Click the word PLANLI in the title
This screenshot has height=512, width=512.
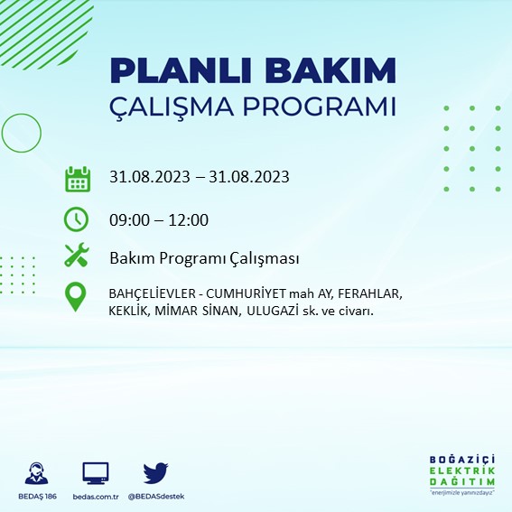(181, 70)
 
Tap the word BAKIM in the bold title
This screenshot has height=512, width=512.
(330, 70)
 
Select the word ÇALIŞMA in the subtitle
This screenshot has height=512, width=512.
(172, 107)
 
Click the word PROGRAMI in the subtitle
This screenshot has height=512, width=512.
(320, 107)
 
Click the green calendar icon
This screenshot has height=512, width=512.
(78, 179)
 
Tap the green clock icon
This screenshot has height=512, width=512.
(77, 219)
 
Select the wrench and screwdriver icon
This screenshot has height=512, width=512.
(77, 255)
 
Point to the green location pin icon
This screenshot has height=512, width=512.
(76, 296)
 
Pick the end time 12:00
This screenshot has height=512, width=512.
(189, 220)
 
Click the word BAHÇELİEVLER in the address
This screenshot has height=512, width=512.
(153, 294)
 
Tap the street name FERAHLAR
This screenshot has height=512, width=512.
(370, 293)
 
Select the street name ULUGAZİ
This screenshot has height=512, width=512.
(273, 311)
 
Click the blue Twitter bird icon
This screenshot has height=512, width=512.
(155, 473)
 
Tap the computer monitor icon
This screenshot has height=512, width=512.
(96, 473)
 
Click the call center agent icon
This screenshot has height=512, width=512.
(36, 473)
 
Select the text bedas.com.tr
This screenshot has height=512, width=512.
(96, 497)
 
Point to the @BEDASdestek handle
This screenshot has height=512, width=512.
(156, 497)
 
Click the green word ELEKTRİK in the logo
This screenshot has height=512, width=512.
(462, 471)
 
